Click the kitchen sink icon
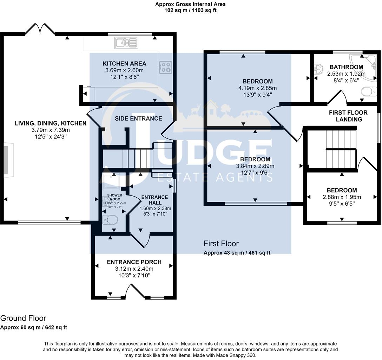(126, 43)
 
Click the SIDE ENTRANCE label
(138, 118)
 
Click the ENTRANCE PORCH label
(134, 262)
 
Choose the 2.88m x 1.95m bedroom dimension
(342, 197)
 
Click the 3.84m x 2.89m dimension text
(255, 166)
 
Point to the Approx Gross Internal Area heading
(190, 4)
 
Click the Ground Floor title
(23, 319)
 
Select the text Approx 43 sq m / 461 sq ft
(237, 252)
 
